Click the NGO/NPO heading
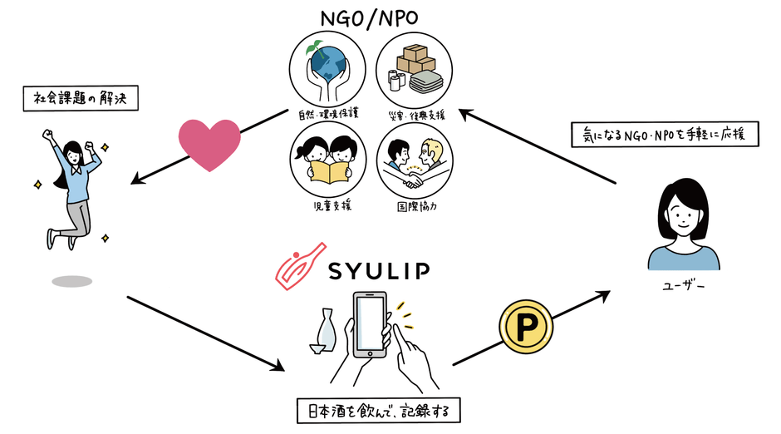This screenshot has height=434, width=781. pyautogui.click(x=371, y=16)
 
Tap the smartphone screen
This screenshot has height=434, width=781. pyautogui.click(x=371, y=323)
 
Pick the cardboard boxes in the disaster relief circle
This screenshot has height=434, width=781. pyautogui.click(x=414, y=61)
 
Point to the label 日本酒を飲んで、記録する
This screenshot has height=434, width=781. pyautogui.click(x=378, y=410)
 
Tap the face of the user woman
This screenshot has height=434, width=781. pyautogui.click(x=683, y=217)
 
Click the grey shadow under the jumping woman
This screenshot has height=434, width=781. pyautogui.click(x=71, y=281)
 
